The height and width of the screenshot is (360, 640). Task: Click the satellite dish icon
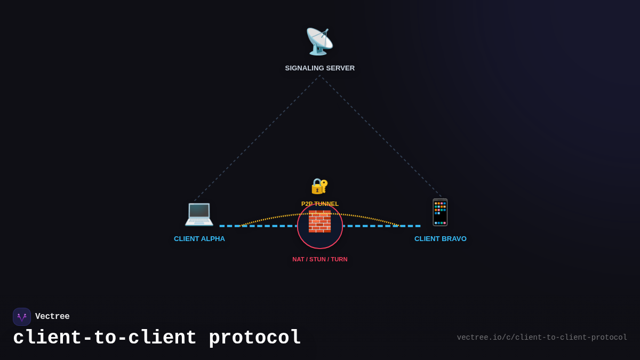[x=319, y=42]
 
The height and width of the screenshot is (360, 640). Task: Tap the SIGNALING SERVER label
[x=319, y=68]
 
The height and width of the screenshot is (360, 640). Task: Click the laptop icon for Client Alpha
[x=199, y=213]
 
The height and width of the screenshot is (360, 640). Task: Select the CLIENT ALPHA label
[x=199, y=239]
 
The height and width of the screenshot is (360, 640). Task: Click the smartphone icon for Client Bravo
[x=441, y=212]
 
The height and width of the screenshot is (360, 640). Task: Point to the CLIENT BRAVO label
[x=440, y=239]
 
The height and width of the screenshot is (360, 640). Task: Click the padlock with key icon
[x=319, y=186]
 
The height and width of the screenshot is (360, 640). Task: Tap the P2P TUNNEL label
[x=319, y=204]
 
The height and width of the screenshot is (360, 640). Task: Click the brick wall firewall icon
[x=319, y=221]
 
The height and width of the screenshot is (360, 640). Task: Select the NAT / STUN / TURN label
[x=319, y=259]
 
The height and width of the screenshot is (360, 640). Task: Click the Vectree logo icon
[x=22, y=317]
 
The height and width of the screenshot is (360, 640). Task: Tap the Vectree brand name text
[x=52, y=317]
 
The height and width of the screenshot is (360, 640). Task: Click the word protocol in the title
[x=254, y=338]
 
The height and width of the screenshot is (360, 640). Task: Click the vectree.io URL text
[x=542, y=338]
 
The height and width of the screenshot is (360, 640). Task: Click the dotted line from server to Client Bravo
[x=381, y=137]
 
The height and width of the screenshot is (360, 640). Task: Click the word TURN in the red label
[x=339, y=259]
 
